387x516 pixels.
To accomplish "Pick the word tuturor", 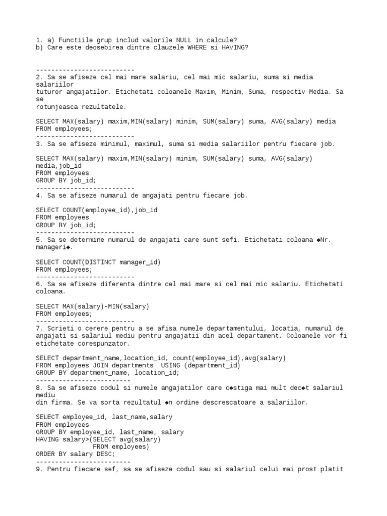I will (x=49, y=92).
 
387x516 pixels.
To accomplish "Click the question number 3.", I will (x=38, y=144).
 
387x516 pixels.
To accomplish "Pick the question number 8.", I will (x=38, y=388).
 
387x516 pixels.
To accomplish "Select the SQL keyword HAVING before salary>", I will (x=47, y=439).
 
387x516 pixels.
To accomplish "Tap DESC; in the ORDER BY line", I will (x=106, y=454).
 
